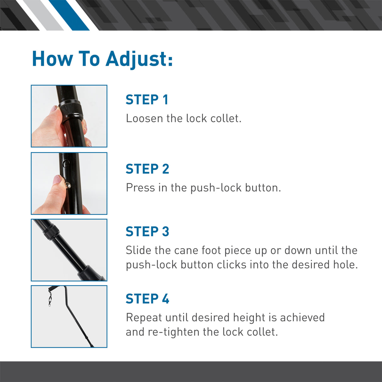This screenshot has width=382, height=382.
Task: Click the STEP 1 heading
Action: click(x=147, y=100)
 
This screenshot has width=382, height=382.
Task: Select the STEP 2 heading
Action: click(x=147, y=169)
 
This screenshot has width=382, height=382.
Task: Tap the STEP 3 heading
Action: click(x=147, y=232)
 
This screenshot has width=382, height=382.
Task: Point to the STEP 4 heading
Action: click(x=147, y=299)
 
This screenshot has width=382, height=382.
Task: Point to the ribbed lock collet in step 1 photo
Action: click(x=71, y=110)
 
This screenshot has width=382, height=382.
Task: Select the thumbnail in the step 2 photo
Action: click(x=58, y=180)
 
